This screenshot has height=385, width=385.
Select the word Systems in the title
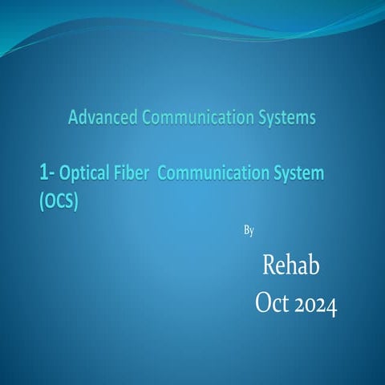click(282, 119)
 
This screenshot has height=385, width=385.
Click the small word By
click(248, 231)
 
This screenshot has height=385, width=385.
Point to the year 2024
click(315, 304)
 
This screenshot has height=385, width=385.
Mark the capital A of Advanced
click(74, 119)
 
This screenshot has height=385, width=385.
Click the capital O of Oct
click(262, 304)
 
